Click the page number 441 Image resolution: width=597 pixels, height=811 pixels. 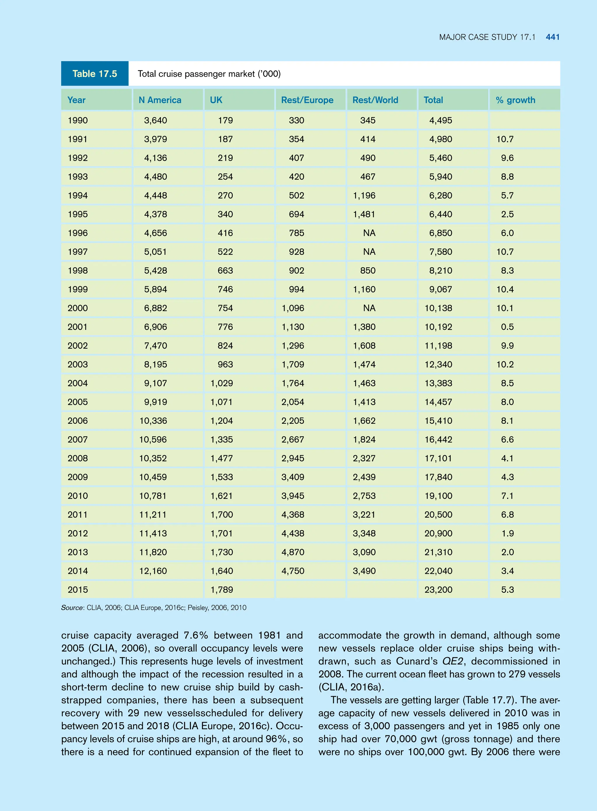(x=553, y=37)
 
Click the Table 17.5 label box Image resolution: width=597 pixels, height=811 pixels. (x=95, y=74)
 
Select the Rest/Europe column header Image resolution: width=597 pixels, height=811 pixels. (x=307, y=100)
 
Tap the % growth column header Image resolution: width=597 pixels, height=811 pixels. (x=515, y=100)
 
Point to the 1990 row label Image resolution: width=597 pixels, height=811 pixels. (x=78, y=120)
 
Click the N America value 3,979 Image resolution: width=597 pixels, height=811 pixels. (x=155, y=139)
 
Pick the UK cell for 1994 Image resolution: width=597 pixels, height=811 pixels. (x=225, y=196)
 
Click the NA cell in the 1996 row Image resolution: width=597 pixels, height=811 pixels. (x=369, y=233)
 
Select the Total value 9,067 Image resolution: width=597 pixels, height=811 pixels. (x=440, y=289)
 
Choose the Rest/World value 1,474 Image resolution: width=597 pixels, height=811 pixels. (x=364, y=365)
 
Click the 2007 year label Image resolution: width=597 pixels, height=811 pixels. (x=78, y=440)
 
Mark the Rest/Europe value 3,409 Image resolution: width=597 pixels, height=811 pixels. (x=293, y=477)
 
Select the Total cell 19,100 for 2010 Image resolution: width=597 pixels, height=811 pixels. (x=438, y=496)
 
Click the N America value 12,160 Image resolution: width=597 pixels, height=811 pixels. (x=153, y=571)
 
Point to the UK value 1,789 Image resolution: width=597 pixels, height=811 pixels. (x=222, y=590)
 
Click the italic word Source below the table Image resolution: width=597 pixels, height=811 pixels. (x=72, y=608)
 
